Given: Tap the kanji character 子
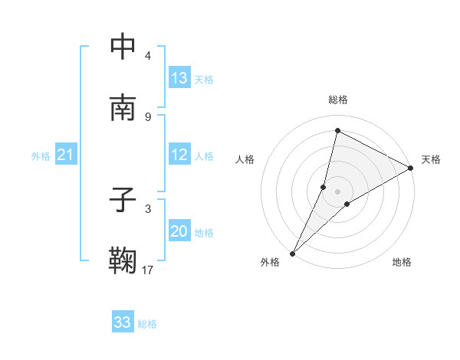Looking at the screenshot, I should [123, 200].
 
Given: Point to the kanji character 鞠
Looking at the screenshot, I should [123, 261].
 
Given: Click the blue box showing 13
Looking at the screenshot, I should [179, 78].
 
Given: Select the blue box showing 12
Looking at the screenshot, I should [179, 155].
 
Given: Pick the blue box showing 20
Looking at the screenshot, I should [179, 232].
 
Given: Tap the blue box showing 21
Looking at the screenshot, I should [66, 155].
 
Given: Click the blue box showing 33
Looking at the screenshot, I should [123, 322].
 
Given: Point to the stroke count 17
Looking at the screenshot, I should [148, 270].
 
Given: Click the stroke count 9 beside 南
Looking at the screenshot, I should [148, 116].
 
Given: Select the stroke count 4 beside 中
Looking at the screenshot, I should [148, 55].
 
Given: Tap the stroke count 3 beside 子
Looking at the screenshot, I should [148, 208].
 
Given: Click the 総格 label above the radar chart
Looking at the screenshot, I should [338, 100].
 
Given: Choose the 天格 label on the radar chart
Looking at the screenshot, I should [431, 159].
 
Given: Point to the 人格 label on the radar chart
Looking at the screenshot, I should [245, 159].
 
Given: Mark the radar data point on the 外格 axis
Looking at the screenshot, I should [292, 254].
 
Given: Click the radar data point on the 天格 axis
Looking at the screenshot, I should [412, 168].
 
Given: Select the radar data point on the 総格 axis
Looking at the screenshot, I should [337, 130].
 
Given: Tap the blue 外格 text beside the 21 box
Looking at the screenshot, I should [41, 156].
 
